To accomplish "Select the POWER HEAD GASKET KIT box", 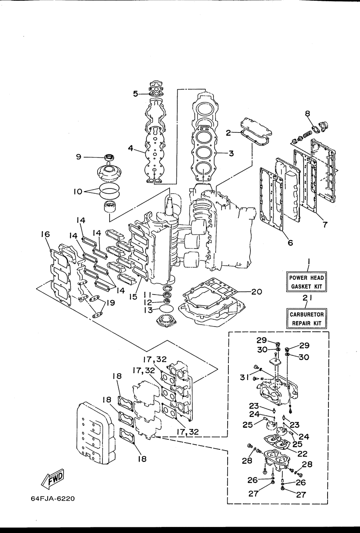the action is pos(306,282).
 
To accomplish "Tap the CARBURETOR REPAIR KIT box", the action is pos(306,319).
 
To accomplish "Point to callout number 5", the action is pos(136,94).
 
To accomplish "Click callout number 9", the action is pos(78,157).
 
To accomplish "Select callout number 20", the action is pos(256,291).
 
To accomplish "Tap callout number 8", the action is pos(308,114).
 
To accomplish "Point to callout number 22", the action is pos(302,454).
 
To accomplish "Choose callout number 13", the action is pos(148,310).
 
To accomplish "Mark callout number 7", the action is pos(325,224).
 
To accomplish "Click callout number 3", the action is pos(231,153).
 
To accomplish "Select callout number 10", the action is pos(78,192).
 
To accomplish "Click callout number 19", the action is pos(110,303).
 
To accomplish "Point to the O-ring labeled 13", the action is pos(166,309).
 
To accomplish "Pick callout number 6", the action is pos(290,242).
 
